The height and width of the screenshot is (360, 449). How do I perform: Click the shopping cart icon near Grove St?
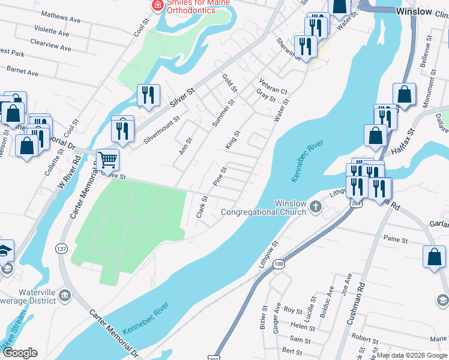tap(108, 160)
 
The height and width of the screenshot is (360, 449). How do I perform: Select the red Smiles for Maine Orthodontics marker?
tap(157, 5)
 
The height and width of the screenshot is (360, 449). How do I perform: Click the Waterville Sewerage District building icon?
tap(65, 295)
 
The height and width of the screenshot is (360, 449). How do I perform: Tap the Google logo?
tap(19, 353)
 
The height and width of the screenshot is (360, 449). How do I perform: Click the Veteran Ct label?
tap(273, 86)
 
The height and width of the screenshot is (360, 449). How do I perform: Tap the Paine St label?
tap(396, 240)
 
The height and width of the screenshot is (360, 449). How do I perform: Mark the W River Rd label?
tap(69, 174)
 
